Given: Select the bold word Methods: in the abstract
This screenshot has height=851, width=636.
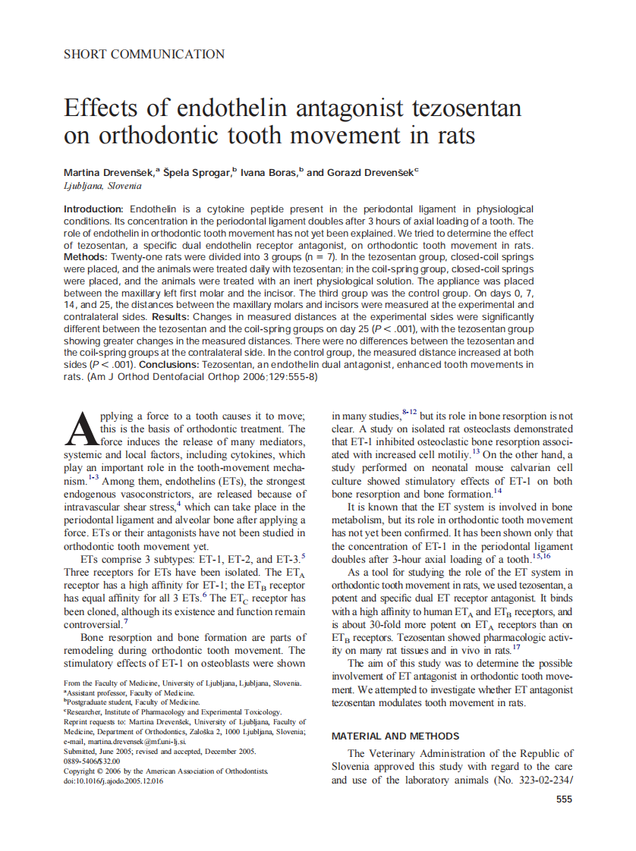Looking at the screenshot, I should pos(86,258).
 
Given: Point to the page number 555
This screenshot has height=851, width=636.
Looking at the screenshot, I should pos(563,799).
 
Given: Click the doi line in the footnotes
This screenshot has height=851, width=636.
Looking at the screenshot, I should pos(113,780).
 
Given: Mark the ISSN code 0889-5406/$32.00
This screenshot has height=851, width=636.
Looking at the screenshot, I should pos(92,761).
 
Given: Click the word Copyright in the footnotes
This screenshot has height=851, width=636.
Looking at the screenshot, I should pos(83,771).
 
